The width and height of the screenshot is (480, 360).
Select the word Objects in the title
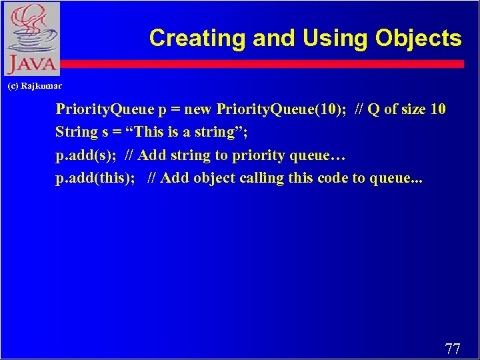click(418, 38)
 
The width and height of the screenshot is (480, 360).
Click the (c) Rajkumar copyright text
click(34, 86)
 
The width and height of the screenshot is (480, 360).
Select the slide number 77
click(452, 349)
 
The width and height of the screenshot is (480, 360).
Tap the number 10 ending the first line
click(438, 109)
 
